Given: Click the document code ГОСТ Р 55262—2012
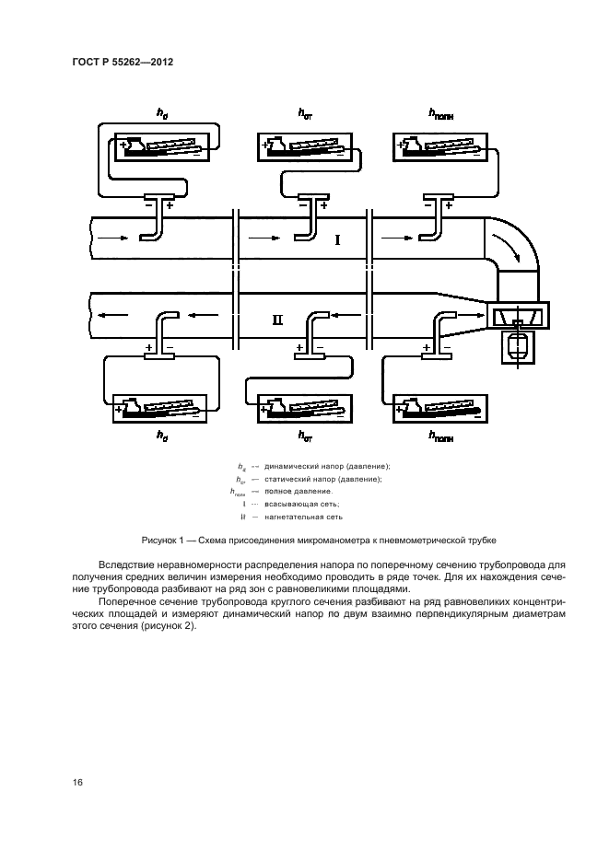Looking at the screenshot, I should click(x=122, y=62).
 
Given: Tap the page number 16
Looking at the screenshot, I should click(x=78, y=782).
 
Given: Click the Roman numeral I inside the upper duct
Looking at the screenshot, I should click(x=337, y=240).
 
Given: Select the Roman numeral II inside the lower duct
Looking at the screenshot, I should click(x=278, y=320).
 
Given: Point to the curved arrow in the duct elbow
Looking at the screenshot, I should click(x=509, y=246).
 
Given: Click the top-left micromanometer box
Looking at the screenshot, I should click(x=160, y=146).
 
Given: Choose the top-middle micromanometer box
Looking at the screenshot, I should click(x=306, y=146).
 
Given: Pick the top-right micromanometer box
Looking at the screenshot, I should click(x=438, y=146).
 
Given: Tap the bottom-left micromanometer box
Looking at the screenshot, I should click(x=160, y=408).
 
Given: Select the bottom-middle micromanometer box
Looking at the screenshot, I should click(x=306, y=408).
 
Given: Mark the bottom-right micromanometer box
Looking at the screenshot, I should click(x=438, y=408).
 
